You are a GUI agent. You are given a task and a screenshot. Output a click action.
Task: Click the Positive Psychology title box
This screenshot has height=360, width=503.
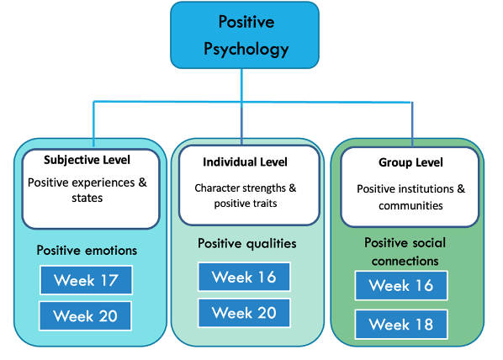pos(245,34)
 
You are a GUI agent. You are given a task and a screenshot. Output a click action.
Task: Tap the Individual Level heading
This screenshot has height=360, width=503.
pos(245,161)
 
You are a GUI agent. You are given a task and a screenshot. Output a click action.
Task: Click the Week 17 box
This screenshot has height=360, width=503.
pos(85,280)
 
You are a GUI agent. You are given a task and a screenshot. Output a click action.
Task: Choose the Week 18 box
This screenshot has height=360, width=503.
pos(400,324)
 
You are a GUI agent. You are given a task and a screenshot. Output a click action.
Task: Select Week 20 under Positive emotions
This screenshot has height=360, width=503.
pos(85,316)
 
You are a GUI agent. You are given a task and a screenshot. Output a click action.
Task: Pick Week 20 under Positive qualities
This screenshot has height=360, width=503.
pos(244,313)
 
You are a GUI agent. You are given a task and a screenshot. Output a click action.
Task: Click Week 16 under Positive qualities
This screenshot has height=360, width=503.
pos(244,277)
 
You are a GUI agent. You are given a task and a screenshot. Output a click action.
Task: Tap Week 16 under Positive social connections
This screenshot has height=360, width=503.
pos(400,286)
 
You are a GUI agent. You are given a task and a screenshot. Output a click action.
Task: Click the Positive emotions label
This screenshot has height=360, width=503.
pos(87,250)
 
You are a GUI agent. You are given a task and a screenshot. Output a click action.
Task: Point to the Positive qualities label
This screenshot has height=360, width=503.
pos(246,244)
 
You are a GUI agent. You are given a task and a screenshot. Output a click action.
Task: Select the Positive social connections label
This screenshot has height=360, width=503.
pos(405,251)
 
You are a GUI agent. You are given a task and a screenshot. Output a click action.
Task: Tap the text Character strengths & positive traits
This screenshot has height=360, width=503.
pos(245,196)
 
